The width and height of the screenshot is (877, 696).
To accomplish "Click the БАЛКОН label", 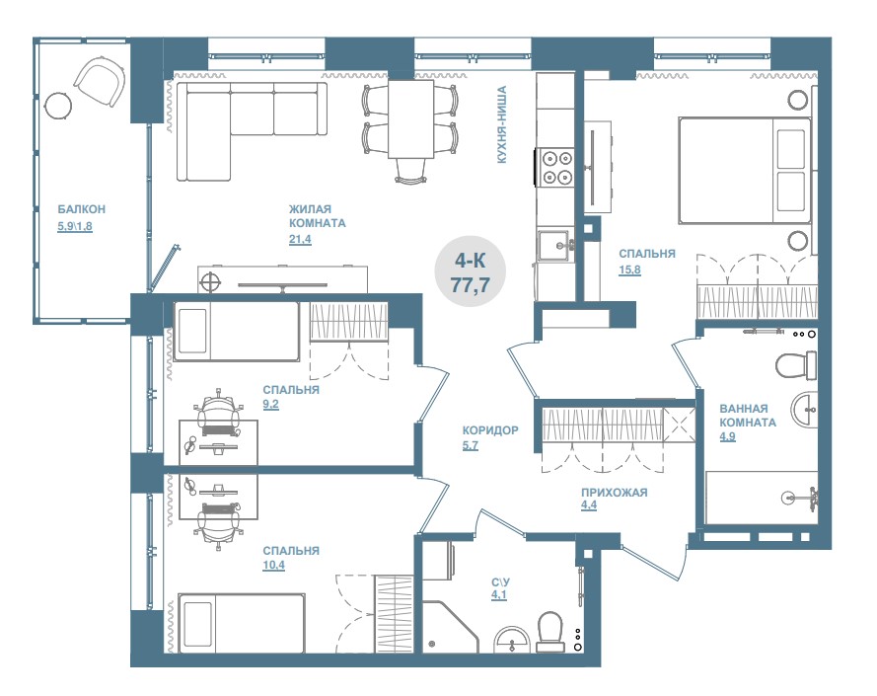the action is [x=82, y=209].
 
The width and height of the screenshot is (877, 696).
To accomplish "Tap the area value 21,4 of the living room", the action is [x=300, y=240].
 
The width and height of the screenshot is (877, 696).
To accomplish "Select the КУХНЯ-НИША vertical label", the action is [x=502, y=124].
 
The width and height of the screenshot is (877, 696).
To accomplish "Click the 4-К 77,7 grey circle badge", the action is [x=471, y=272].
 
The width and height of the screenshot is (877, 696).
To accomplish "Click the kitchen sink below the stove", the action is [x=555, y=245].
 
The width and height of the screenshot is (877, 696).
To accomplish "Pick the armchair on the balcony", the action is [x=100, y=84].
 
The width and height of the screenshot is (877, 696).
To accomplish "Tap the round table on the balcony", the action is [x=58, y=105].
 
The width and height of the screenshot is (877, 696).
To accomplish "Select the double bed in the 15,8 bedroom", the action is [x=744, y=170].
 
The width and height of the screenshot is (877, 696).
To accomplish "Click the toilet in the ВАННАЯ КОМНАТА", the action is [x=796, y=364].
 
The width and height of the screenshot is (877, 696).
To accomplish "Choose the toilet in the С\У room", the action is [x=549, y=631].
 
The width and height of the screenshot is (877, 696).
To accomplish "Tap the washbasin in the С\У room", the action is [x=512, y=639].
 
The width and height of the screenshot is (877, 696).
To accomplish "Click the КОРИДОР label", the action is [x=490, y=430].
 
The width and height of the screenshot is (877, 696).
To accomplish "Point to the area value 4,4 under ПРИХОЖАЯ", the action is [x=589, y=505].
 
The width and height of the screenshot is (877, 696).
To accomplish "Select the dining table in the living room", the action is [x=411, y=119].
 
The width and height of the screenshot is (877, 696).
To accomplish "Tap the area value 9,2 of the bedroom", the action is [x=270, y=405].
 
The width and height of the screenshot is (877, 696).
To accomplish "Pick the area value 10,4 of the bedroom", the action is [x=273, y=566].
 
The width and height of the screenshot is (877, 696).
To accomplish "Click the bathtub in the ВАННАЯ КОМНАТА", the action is [x=762, y=498].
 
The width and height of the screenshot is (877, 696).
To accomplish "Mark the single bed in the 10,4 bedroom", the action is [x=242, y=623].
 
